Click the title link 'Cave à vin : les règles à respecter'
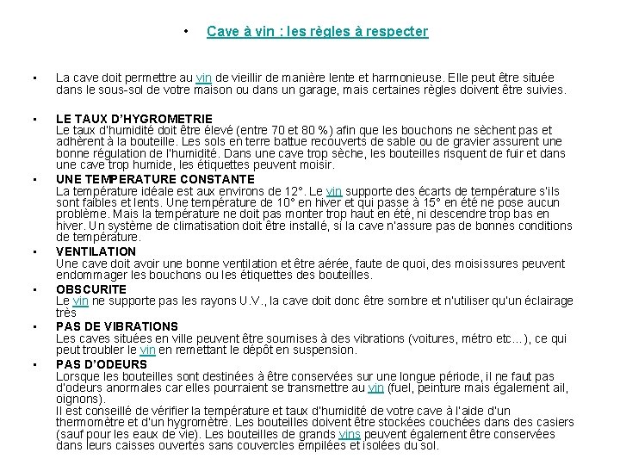coord(317,32)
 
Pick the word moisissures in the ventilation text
coord(481,263)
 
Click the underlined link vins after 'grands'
coord(350,434)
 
